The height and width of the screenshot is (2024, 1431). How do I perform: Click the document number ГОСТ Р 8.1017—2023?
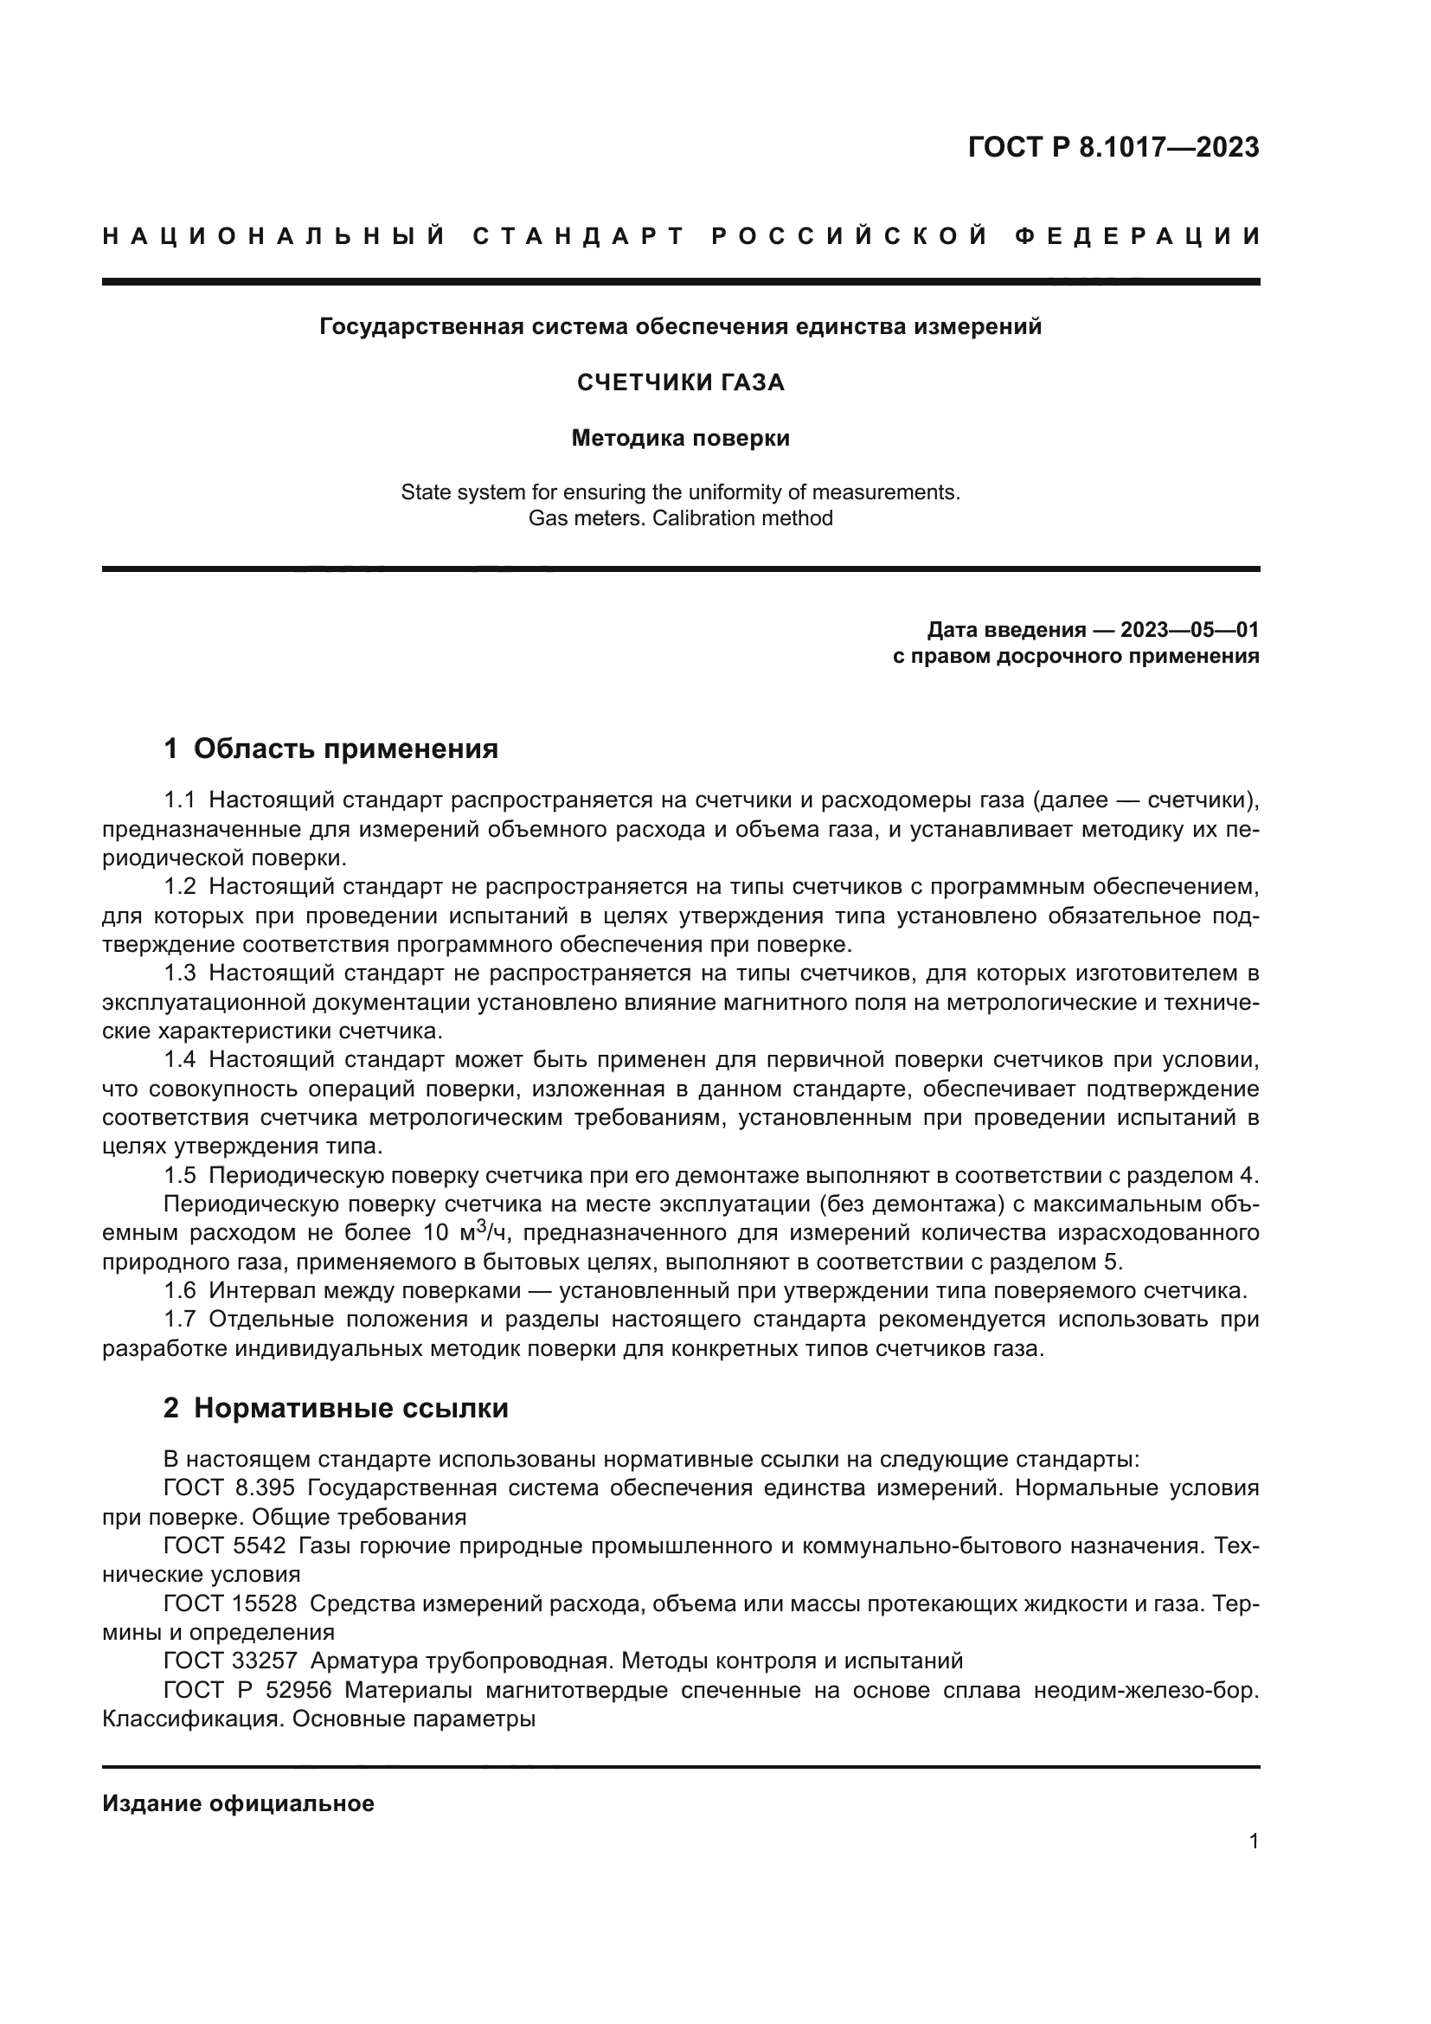tap(1113, 147)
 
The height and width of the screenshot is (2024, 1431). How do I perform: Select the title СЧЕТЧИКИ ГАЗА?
tap(680, 382)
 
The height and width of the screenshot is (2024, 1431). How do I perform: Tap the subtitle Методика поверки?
tap(680, 438)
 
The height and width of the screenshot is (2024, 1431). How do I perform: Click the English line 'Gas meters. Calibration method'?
tap(680, 518)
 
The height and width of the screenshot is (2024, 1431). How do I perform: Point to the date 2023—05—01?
tap(1189, 629)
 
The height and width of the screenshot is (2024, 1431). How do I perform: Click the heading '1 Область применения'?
tap(331, 749)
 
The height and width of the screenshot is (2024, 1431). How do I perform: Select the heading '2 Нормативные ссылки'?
tap(336, 1409)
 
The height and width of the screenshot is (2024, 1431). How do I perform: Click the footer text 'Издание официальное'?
tap(238, 1803)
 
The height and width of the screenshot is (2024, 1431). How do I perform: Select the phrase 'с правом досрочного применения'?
tap(1075, 656)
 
